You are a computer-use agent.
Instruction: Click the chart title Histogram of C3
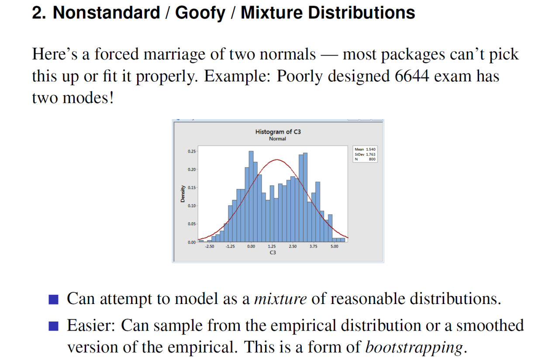click(x=278, y=132)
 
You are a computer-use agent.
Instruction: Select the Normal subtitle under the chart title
click(x=277, y=139)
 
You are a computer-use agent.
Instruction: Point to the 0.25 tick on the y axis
click(x=192, y=151)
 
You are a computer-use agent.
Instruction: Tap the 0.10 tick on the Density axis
click(x=192, y=206)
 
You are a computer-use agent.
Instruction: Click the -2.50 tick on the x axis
click(x=210, y=247)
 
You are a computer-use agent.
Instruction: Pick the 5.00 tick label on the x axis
click(x=335, y=247)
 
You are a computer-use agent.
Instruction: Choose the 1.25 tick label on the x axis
click(x=272, y=247)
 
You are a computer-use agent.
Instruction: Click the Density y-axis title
click(x=183, y=194)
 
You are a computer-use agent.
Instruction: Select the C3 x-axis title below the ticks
click(x=273, y=252)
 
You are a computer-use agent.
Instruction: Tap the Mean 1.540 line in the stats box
click(x=365, y=149)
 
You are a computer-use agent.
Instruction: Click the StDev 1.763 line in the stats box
click(x=365, y=154)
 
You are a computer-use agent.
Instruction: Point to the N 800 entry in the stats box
click(x=365, y=159)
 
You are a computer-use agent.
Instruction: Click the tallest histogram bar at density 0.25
click(x=251, y=196)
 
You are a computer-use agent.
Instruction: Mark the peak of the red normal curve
click(x=277, y=160)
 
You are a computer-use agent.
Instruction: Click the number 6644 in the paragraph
click(x=412, y=76)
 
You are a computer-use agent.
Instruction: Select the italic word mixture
click(x=280, y=298)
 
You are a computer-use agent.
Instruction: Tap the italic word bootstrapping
click(x=414, y=347)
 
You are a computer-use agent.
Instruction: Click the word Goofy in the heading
click(x=200, y=13)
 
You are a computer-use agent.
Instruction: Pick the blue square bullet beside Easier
click(x=53, y=326)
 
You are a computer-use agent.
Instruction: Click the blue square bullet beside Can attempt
click(x=53, y=300)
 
